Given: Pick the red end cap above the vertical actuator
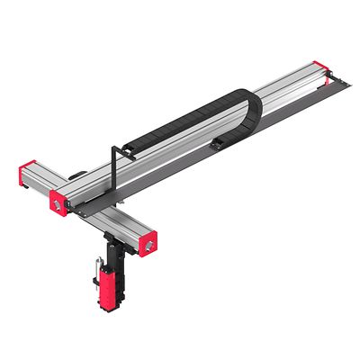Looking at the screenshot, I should point(146,241).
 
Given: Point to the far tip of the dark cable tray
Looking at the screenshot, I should point(346,82).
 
